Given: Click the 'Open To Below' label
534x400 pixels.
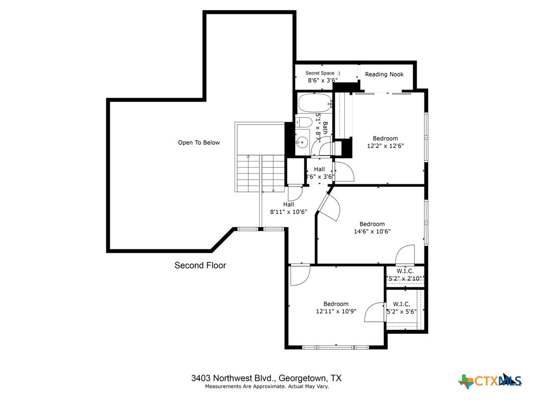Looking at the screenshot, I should click(199, 143).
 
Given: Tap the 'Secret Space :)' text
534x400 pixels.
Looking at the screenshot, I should click(322, 73).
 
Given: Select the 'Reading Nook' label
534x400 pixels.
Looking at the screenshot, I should click(384, 74).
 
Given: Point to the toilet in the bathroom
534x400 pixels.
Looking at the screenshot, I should click(303, 123).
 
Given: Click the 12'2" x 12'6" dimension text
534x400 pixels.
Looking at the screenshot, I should click(385, 146).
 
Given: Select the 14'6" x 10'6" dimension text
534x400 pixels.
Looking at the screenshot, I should click(372, 232).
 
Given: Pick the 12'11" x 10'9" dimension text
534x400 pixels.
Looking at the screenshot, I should click(335, 311).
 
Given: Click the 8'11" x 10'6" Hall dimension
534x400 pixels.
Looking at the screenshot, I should click(288, 212).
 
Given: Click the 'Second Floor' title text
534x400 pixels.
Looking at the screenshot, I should click(200, 266).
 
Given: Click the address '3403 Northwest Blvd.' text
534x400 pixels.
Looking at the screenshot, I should click(233, 378).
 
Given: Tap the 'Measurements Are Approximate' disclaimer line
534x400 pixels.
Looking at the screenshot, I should click(266, 386).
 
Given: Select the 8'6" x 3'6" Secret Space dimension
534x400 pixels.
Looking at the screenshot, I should click(322, 81).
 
